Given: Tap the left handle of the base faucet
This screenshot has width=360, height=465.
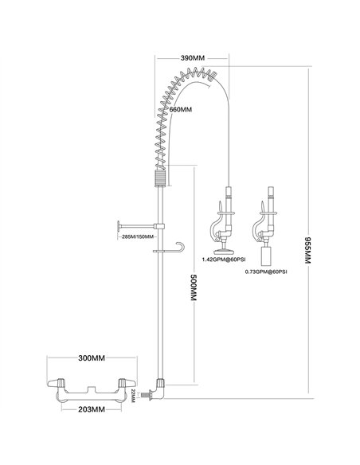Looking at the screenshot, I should pyautogui.click(x=63, y=386).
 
